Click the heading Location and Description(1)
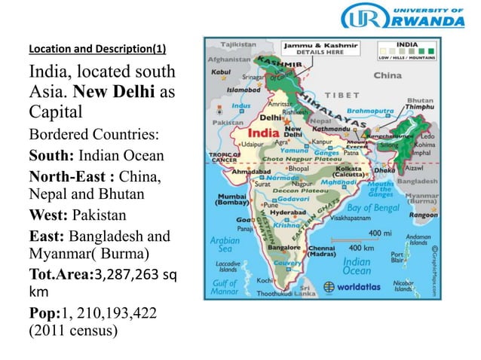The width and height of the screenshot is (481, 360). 97,50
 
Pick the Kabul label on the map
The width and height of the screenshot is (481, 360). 222,73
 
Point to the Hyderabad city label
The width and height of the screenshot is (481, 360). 288,213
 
